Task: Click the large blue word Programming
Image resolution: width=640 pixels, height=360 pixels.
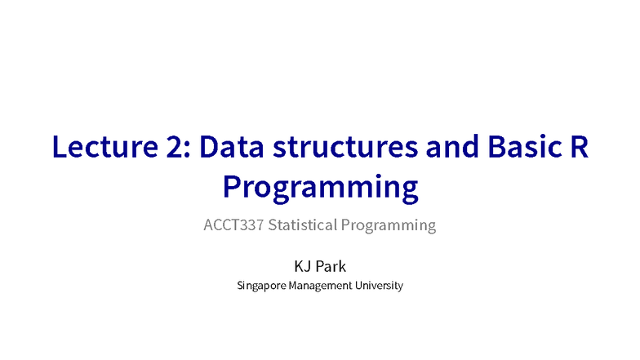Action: coord(320,188)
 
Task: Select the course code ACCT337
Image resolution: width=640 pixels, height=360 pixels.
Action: coord(233,225)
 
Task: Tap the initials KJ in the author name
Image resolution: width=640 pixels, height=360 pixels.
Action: coord(303,266)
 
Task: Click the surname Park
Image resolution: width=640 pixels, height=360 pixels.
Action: coord(330,266)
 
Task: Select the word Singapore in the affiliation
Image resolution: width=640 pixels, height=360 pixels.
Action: coord(261,287)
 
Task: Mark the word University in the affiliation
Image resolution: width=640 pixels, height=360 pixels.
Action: coord(379,287)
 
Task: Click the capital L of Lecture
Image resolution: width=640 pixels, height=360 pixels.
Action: coord(60,148)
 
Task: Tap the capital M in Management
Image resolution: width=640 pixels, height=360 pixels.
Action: coord(294,287)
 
